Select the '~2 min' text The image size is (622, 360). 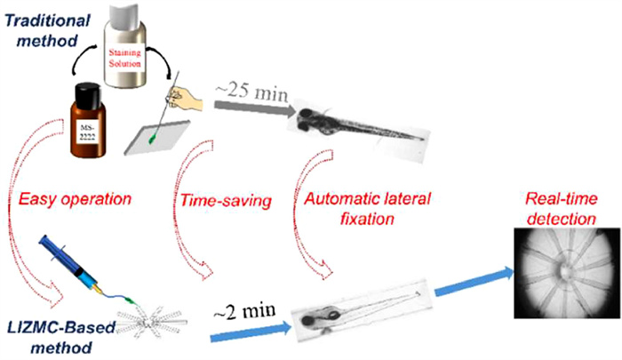tap(243, 311)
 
